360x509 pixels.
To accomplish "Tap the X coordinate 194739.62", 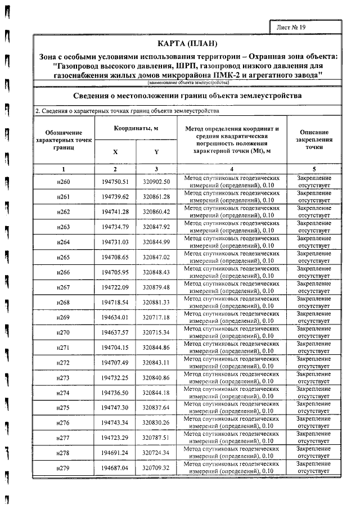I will pyautogui.click(x=115, y=196).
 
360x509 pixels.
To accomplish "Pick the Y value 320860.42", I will pyautogui.click(x=156, y=211).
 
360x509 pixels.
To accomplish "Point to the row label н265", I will pyautogui.click(x=64, y=257).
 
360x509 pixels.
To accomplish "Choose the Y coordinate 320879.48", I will pyautogui.click(x=156, y=287).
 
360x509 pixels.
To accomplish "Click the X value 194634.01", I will pyautogui.click(x=115, y=318).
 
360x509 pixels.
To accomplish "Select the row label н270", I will pyautogui.click(x=64, y=333).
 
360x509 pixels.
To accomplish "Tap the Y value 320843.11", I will pyautogui.click(x=156, y=363).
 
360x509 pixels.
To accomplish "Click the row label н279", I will pyautogui.click(x=64, y=468).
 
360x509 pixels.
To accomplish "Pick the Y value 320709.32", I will pyautogui.click(x=156, y=468).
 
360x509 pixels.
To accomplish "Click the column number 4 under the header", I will pyautogui.click(x=231, y=169).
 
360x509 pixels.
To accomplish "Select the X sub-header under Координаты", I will pyautogui.click(x=115, y=152).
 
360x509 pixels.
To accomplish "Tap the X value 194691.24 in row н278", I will pyautogui.click(x=115, y=453).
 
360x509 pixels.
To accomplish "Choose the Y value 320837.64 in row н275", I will pyautogui.click(x=156, y=408).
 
